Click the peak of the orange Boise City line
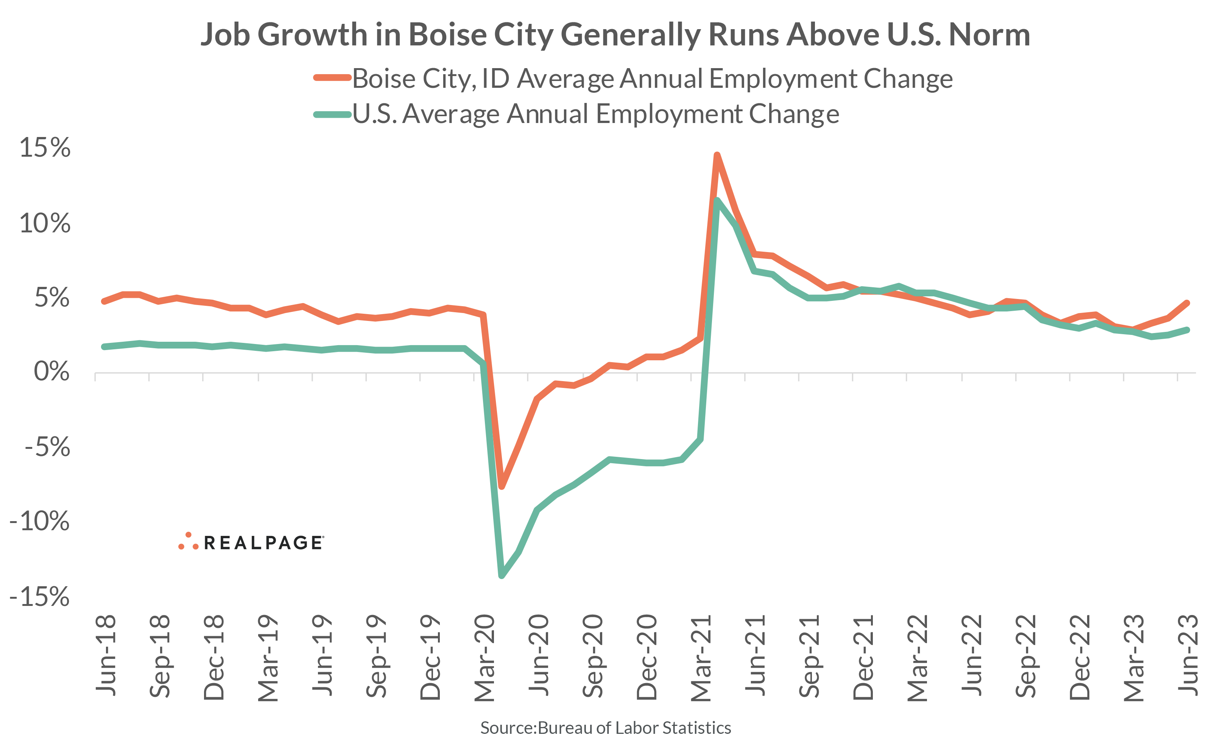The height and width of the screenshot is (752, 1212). coord(717,155)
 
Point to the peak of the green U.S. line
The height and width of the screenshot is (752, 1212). coord(717,201)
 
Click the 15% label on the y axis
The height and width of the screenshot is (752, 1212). coord(45,148)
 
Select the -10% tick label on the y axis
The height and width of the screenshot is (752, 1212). coord(40,521)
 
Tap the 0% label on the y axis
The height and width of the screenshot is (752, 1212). coord(51,372)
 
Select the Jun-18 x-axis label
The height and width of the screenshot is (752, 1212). coord(106,655)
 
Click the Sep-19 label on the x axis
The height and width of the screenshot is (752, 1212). coord(377,657)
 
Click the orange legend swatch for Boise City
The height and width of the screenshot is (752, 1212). coord(332,78)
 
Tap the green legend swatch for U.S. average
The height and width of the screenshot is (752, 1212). coord(332,114)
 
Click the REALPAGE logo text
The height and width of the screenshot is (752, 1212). coord(263,543)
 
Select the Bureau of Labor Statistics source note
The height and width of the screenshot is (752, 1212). coord(605,728)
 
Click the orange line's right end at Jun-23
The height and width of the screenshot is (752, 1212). coord(1187,303)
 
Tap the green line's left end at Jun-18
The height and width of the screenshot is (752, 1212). coord(104,347)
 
